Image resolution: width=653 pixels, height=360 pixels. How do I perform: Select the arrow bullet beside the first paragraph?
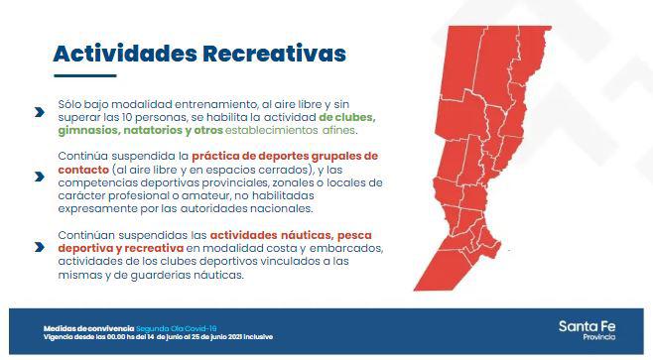[x=39, y=112]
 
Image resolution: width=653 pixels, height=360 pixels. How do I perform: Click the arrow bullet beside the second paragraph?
[x=39, y=176]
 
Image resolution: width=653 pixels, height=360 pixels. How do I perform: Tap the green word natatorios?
[x=160, y=130]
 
